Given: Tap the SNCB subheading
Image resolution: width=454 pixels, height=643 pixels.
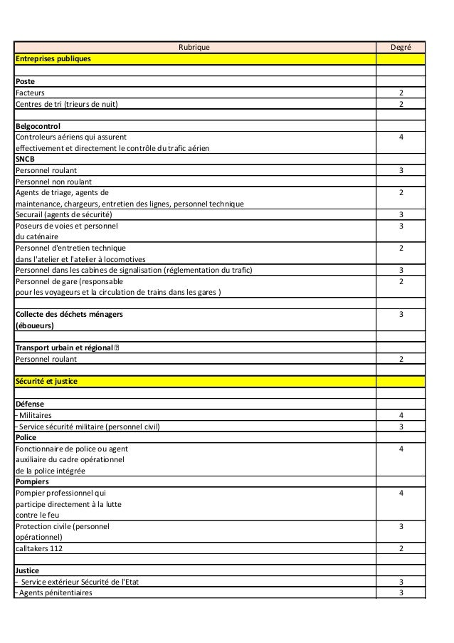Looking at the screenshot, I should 26,160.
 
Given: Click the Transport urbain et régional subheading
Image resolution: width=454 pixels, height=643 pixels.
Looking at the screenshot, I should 65,347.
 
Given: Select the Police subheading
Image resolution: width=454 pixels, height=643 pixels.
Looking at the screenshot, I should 26,437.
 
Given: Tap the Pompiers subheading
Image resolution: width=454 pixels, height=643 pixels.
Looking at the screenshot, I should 32,481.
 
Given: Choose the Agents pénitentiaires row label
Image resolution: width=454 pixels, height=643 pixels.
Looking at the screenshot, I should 55,592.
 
